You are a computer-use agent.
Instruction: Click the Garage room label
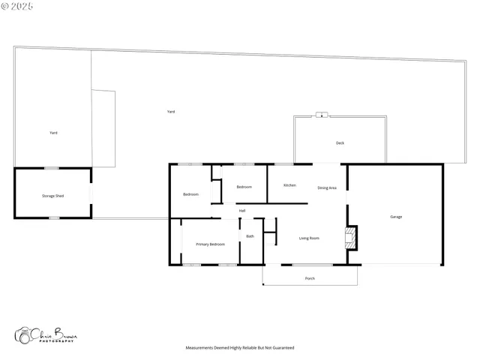pyautogui.click(x=396, y=217)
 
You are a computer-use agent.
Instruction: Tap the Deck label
pyautogui.click(x=340, y=142)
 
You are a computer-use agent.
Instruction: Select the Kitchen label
pyautogui.click(x=289, y=185)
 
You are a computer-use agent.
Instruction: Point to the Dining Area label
pyautogui.click(x=327, y=187)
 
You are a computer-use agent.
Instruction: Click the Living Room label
pyautogui.click(x=310, y=238)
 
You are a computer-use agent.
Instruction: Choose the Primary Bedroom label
pyautogui.click(x=210, y=244)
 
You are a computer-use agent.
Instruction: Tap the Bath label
pyautogui.click(x=250, y=236)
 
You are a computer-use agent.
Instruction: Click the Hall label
pyautogui.click(x=242, y=211)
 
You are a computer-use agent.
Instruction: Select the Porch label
pyautogui.click(x=310, y=278)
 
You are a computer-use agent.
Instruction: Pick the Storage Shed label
pyautogui.click(x=52, y=196)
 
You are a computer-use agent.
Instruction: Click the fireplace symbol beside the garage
pyautogui.click(x=349, y=238)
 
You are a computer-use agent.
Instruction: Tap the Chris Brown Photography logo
pyautogui.click(x=45, y=335)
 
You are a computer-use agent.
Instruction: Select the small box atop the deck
pyautogui.click(x=322, y=115)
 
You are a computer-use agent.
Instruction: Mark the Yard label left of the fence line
pyautogui.click(x=53, y=133)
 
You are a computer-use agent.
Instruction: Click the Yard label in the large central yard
pyautogui.click(x=171, y=112)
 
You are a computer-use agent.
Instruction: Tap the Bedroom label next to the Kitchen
pyautogui.click(x=244, y=187)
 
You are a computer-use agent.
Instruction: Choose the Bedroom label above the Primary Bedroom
pyautogui.click(x=190, y=194)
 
